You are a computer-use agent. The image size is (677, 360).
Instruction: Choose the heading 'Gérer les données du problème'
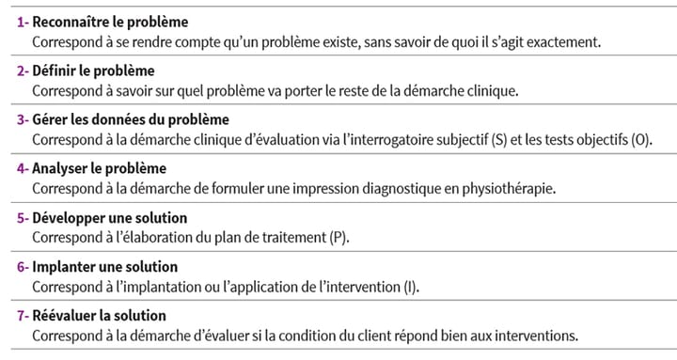pyautogui.click(x=131, y=120)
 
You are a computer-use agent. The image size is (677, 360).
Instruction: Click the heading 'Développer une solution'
pyautogui.click(x=110, y=218)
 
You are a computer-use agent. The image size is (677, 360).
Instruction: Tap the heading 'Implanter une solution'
pyautogui.click(x=105, y=267)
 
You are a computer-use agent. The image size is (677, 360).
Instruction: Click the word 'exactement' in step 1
pyautogui.click(x=561, y=43)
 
